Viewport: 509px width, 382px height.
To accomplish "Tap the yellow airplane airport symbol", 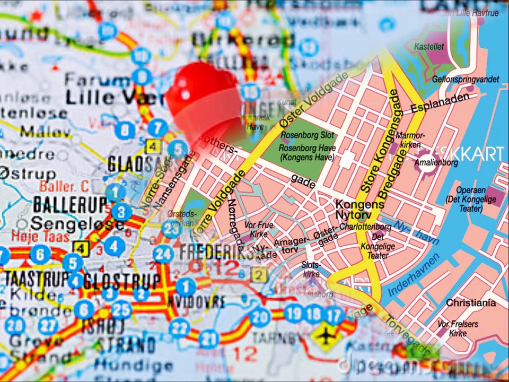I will (324, 336).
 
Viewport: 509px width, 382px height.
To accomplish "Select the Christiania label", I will (471, 303).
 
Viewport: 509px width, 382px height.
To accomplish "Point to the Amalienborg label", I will (436, 163).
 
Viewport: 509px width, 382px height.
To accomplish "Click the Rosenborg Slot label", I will (308, 136).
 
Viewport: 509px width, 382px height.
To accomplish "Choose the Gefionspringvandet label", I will (465, 80).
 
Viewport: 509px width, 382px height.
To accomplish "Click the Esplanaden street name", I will (440, 105).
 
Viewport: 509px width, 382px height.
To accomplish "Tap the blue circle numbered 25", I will (121, 308).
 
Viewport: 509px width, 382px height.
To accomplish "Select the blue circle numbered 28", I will (15, 325).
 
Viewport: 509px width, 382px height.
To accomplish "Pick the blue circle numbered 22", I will (179, 327).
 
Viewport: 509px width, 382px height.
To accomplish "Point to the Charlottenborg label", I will (365, 227).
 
